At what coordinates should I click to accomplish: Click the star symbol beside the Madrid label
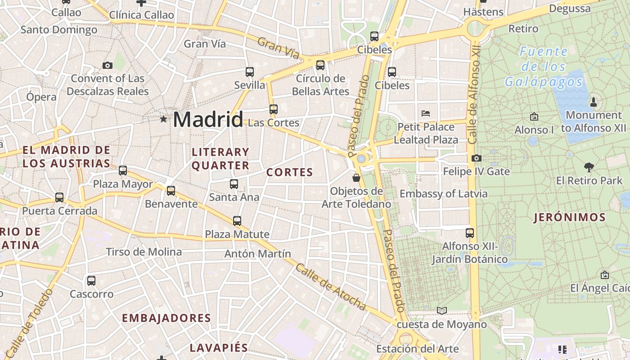163,119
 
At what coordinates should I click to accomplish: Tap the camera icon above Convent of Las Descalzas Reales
107,65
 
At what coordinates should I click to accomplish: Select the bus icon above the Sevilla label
250,72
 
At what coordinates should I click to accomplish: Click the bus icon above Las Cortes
273,109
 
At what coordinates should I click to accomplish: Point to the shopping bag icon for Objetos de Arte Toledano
356,178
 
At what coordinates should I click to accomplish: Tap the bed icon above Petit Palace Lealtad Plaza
426,113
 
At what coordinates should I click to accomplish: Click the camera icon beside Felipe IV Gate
477,158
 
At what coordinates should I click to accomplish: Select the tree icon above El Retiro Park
589,167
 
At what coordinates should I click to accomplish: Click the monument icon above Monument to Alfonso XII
593,102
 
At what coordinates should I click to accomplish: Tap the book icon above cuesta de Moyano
442,310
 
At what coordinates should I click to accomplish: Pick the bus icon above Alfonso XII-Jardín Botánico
470,233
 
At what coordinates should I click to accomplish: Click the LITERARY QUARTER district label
220,159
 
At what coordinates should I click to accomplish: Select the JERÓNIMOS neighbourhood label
570,218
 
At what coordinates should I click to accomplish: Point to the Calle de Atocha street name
331,287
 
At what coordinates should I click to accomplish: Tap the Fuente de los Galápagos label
544,67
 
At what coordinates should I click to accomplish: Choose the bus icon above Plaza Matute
237,220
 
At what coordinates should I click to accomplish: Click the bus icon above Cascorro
91,280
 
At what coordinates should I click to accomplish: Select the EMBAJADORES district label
166,318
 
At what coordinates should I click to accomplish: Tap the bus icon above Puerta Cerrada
59,197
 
